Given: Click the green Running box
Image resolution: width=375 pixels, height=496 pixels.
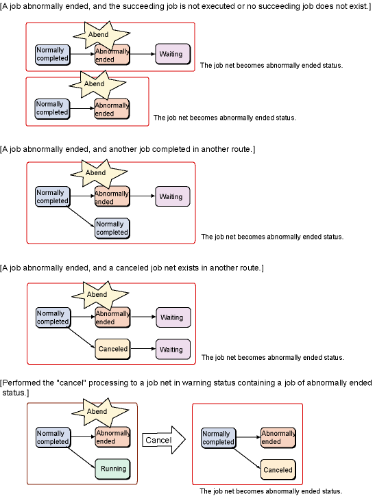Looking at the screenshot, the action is (113, 469).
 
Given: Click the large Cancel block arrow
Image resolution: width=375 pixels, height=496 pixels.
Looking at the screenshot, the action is (163, 440).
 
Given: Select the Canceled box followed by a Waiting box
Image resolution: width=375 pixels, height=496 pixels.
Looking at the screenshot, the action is (113, 349).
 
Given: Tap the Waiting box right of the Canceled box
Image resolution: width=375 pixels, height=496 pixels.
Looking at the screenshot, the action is (173, 349).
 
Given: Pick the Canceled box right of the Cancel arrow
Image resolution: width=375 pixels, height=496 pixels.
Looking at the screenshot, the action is (278, 470).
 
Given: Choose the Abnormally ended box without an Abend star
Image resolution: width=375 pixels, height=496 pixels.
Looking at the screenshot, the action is (278, 438).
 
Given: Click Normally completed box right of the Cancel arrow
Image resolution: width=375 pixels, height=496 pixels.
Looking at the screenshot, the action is (219, 438).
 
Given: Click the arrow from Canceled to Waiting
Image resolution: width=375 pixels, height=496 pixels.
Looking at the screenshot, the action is (143, 349).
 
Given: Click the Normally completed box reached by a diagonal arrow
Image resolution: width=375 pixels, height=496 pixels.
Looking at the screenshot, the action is (112, 229).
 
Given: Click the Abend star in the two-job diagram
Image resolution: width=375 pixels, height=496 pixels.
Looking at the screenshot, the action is (97, 84).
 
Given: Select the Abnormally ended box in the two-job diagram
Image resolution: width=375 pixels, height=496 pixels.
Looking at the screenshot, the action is (112, 109).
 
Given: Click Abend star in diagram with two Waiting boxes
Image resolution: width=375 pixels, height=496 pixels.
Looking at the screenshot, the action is (99, 295).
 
